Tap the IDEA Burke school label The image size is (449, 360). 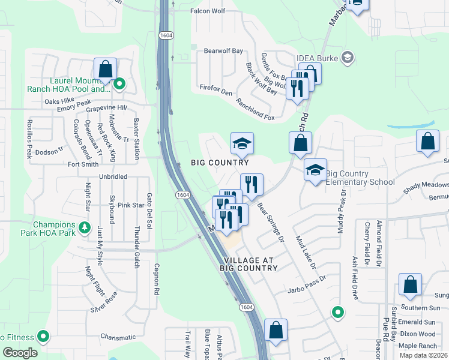coord(318,58)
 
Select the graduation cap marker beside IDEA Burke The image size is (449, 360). coord(346,58)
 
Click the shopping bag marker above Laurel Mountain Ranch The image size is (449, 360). coord(106,70)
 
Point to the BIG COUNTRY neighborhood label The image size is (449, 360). coord(220,163)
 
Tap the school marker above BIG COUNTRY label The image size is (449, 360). coord(243,143)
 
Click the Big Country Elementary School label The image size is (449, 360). coord(360,178)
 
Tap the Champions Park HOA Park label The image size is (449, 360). coord(53,230)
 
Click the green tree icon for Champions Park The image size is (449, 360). coord(85,228)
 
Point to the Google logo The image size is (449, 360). coord(20,352)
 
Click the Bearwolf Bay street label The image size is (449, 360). coord(223,51)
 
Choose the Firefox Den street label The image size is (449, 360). coord(216,92)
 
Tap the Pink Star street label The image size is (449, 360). coord(131,205)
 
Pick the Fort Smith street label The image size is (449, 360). coord(83,164)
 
